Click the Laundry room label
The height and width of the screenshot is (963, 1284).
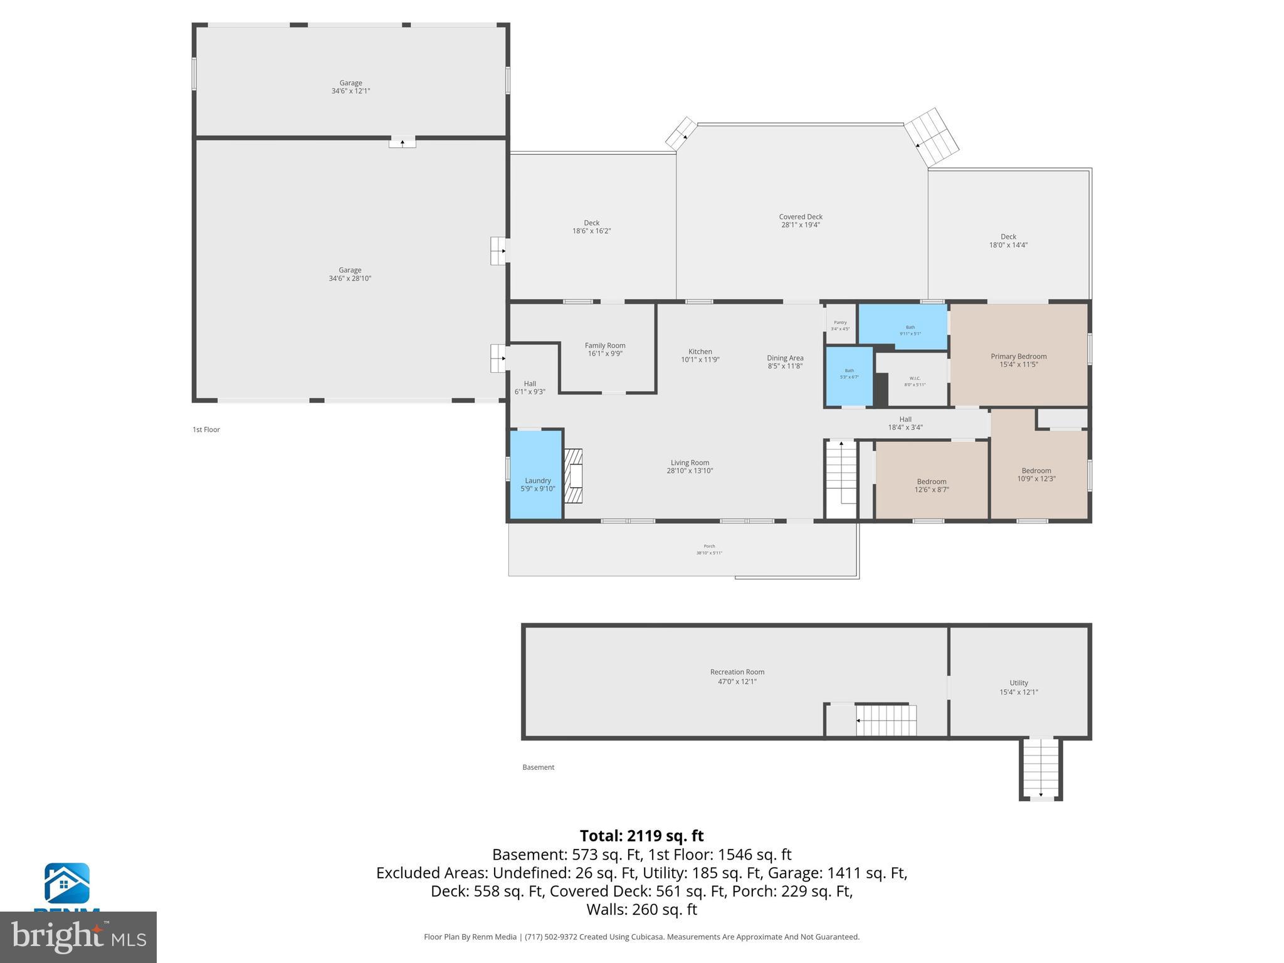click(537, 480)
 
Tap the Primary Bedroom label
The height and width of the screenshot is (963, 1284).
click(1018, 356)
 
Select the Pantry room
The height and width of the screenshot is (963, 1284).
click(840, 325)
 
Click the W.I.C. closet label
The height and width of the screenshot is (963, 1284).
click(914, 378)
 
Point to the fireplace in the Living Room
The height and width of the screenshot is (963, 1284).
click(573, 475)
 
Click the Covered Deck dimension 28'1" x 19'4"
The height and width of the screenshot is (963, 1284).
click(801, 225)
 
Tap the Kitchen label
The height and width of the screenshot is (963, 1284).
click(700, 352)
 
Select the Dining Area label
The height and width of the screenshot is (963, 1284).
click(785, 358)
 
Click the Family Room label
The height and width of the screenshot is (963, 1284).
click(604, 345)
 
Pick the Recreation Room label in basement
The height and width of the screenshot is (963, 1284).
click(737, 672)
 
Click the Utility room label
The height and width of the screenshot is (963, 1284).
click(1018, 683)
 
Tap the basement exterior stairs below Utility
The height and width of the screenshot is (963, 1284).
click(1041, 768)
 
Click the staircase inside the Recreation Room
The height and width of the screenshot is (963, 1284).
click(886, 720)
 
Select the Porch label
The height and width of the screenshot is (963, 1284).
click(709, 546)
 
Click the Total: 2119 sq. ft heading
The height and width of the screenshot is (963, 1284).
click(641, 836)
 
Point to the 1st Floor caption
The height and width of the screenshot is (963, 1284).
click(206, 429)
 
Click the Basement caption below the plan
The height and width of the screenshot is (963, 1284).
click(538, 767)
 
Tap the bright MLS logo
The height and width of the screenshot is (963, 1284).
click(78, 937)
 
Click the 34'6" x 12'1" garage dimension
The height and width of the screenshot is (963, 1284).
click(350, 91)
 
